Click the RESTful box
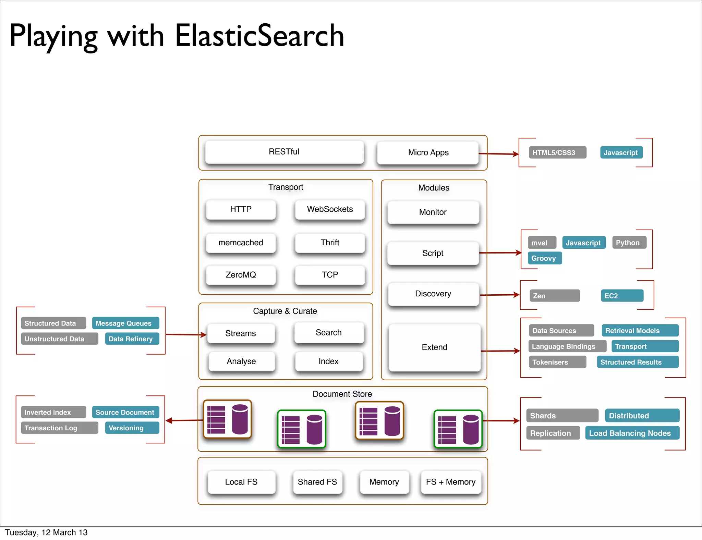(x=284, y=152)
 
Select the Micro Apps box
(x=428, y=153)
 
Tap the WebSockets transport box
(x=330, y=209)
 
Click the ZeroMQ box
(x=241, y=275)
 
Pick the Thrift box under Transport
(x=330, y=243)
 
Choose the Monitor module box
(x=433, y=212)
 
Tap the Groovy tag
(x=544, y=258)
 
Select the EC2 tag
(x=621, y=296)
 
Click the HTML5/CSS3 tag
(x=557, y=153)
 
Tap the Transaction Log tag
(x=59, y=428)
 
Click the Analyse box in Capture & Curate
(x=241, y=361)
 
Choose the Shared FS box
(x=317, y=482)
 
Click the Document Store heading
(x=342, y=394)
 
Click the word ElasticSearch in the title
(x=259, y=36)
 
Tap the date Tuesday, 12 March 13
(x=46, y=532)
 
